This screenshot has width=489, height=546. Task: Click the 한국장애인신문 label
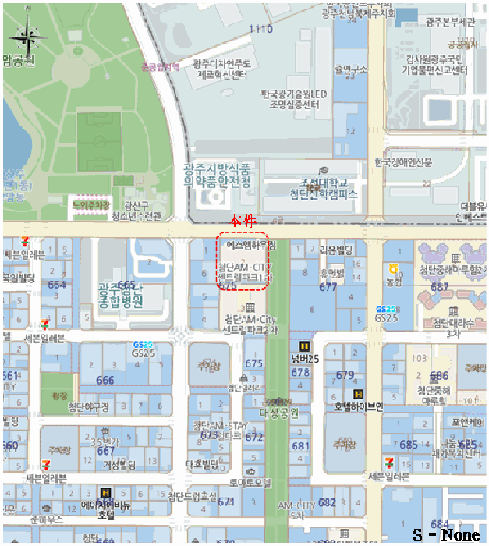[402, 162]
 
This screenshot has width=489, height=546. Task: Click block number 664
[57, 285]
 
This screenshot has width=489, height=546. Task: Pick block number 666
[105, 381]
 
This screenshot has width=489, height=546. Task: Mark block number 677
[328, 287]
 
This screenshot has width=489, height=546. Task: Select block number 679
[345, 375]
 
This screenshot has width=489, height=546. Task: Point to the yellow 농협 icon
[394, 268]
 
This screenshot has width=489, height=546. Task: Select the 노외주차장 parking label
[90, 204]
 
